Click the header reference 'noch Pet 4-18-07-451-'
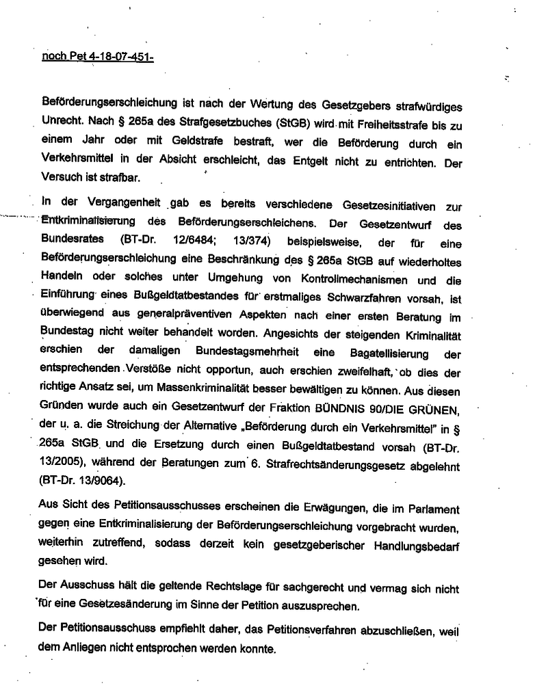pos(97,57)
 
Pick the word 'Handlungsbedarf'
pos(417,546)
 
